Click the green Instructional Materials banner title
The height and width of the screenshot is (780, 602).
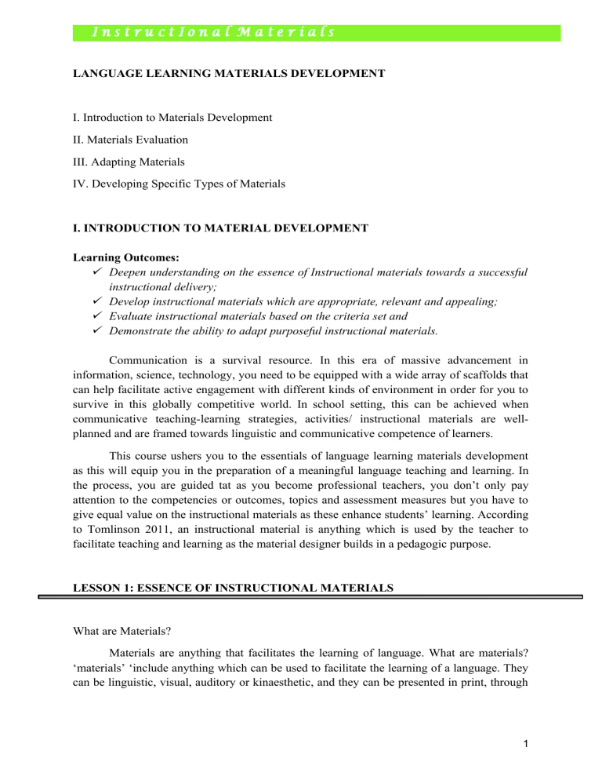pos(212,32)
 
